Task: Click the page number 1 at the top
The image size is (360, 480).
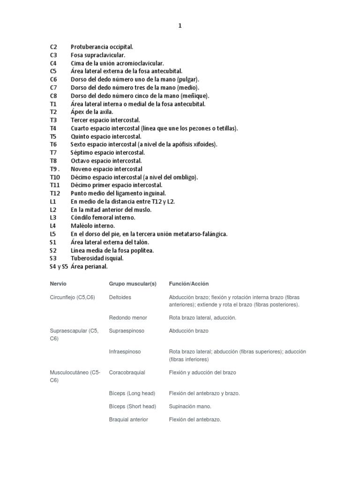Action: pos(180,26)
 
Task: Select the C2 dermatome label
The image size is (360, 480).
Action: pos(53,47)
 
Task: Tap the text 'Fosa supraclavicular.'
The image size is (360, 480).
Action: pos(98,55)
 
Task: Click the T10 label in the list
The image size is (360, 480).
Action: pos(55,177)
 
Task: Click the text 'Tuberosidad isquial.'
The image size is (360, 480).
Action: pos(97,258)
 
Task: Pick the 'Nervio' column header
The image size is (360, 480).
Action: pos(58,284)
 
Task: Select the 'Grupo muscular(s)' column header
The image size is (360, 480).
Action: pos(133,284)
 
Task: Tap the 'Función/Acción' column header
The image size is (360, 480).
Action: pos(189,284)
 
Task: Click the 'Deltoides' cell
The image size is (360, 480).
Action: pos(120,297)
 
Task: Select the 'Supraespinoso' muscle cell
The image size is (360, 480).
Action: pos(127,331)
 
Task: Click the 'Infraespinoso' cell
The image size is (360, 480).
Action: pos(125,352)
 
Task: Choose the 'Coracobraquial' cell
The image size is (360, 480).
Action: pos(127,373)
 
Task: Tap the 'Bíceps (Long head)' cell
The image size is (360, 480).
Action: pos(132,393)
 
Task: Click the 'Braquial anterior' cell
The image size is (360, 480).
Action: pos(128,420)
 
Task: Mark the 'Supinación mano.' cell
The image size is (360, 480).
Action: pos(190,406)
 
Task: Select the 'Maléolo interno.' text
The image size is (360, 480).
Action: pos(93,226)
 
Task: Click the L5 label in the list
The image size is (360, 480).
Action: pos(53,234)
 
